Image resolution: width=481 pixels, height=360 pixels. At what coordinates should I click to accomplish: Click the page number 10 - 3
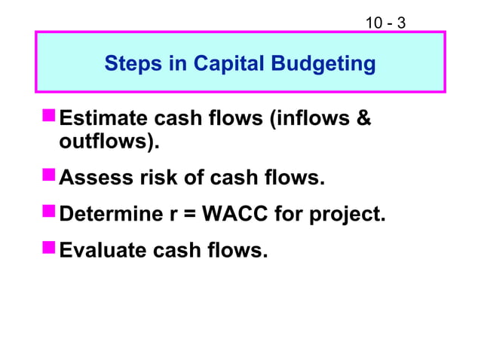pos(385,23)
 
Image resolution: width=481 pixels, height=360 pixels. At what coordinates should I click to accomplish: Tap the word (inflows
pos(308,119)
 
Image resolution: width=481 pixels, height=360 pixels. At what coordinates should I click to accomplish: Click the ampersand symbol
pos(363,119)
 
